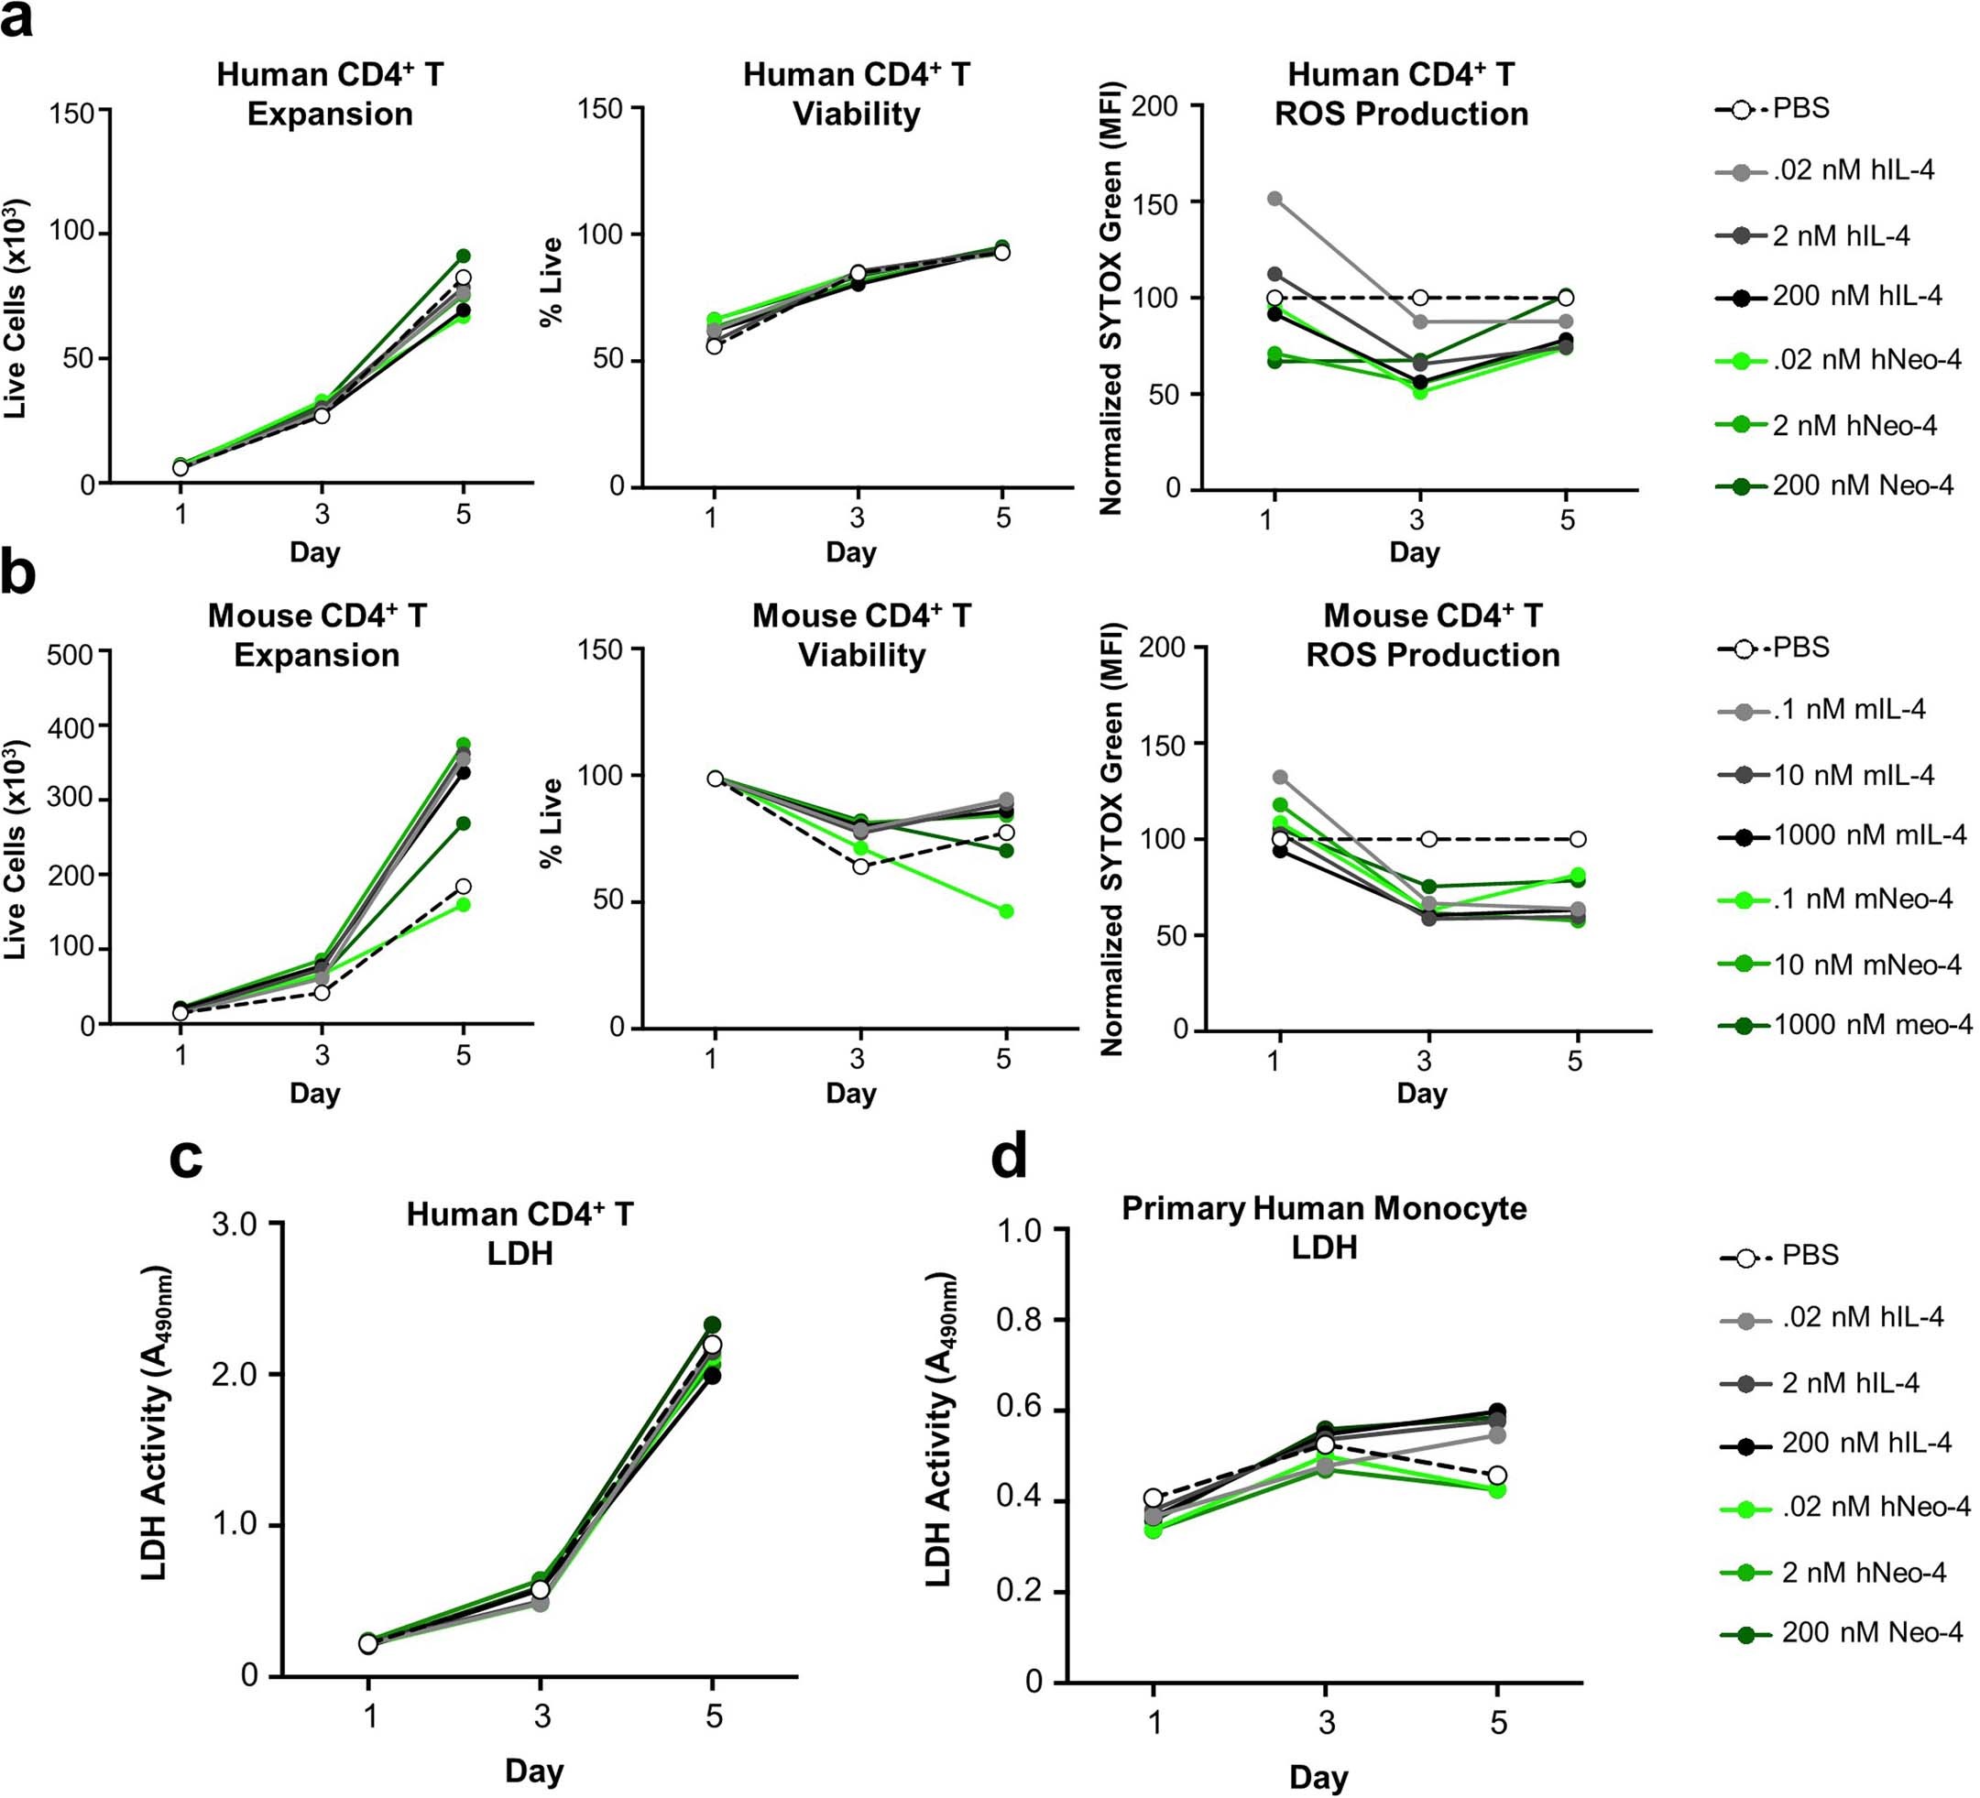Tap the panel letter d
click(1009, 1158)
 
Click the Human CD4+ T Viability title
click(856, 94)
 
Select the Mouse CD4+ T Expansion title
click(316, 636)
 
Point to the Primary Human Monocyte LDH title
click(1324, 1226)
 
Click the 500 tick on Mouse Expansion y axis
click(71, 655)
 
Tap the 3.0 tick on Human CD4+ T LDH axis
click(235, 1224)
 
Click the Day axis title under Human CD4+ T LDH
click(533, 1771)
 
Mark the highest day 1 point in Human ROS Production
click(1274, 199)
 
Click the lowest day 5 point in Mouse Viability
click(1006, 911)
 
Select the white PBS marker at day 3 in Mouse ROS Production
click(1429, 839)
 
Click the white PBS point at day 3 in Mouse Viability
click(860, 866)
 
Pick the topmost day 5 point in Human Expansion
click(463, 256)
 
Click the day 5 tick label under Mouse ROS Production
click(1575, 1060)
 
